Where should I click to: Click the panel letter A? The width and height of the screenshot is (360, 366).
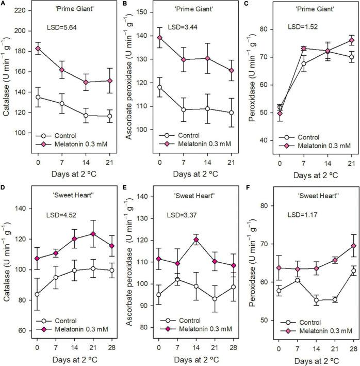[x=4, y=4]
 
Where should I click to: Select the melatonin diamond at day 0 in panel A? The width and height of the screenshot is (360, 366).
[x=38, y=49]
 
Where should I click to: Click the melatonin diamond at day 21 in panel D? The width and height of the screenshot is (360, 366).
[x=93, y=234]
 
